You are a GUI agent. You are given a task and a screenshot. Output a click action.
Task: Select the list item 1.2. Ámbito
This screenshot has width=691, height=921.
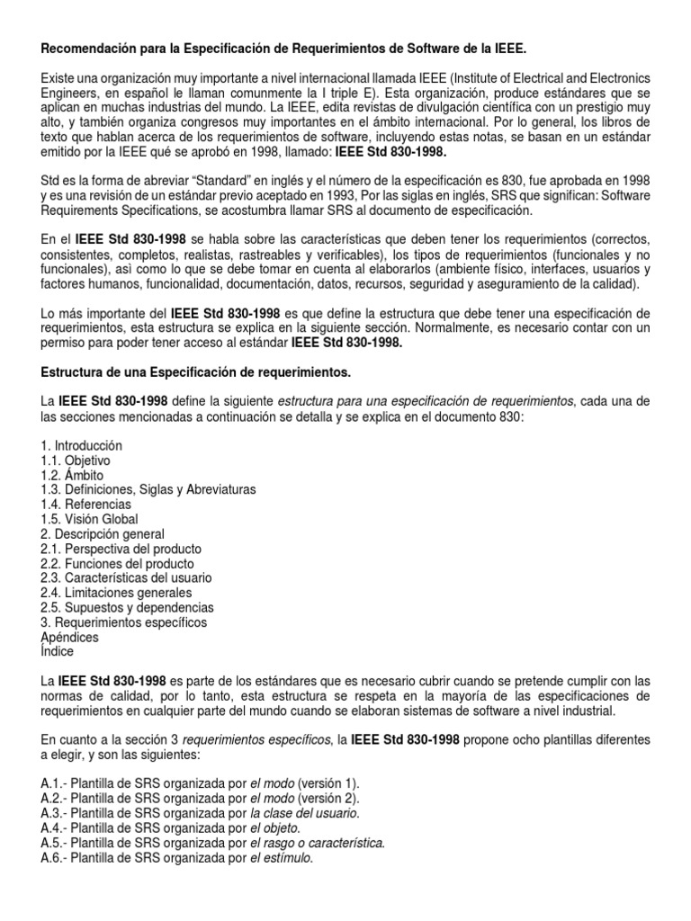point(72,475)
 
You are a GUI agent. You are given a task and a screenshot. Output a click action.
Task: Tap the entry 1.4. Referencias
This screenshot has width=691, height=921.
point(85,504)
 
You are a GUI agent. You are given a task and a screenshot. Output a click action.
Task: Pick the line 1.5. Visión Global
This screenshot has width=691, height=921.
point(89,519)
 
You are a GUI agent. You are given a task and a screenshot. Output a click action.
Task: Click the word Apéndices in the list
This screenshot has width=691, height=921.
point(70,636)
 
